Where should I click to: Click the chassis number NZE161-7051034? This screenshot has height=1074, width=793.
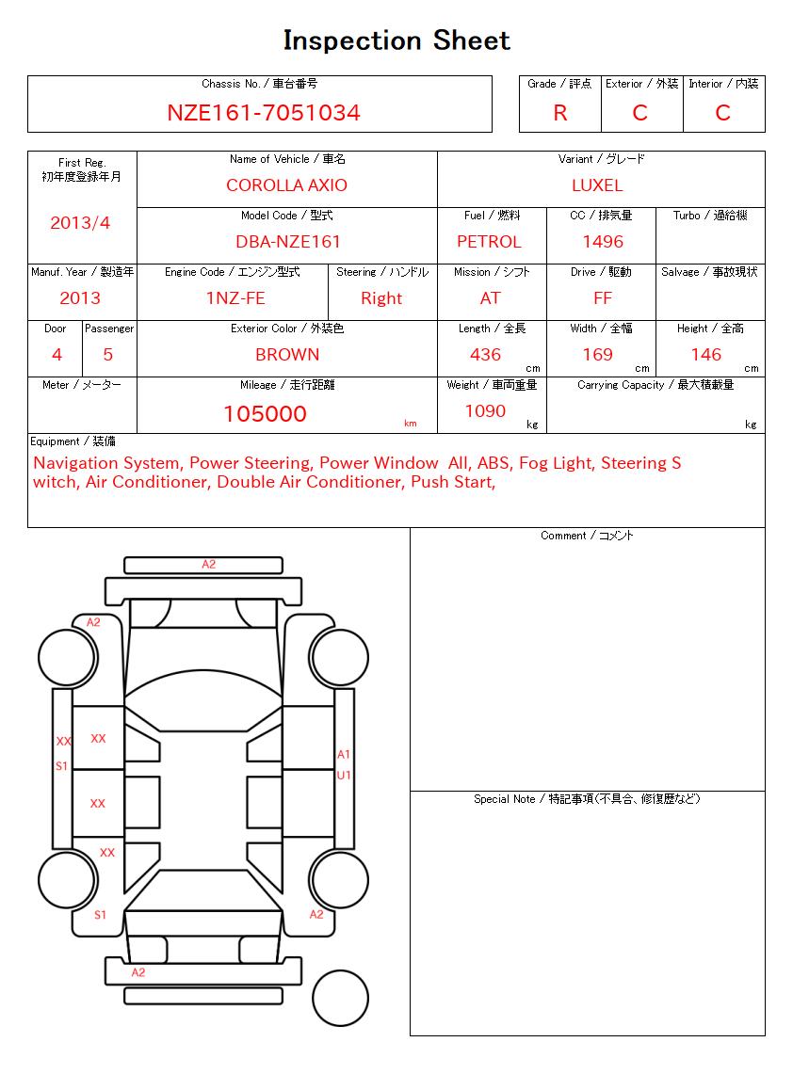coord(264,113)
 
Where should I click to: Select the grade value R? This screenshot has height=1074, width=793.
coord(560,113)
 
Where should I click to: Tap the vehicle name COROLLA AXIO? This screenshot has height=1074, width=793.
coord(286,185)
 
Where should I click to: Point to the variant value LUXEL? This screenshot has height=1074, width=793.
coord(597,185)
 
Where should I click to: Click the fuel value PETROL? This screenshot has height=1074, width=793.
coord(489,242)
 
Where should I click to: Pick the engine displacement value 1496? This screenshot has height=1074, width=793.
coord(603,242)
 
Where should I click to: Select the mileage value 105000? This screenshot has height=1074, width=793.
coord(265,414)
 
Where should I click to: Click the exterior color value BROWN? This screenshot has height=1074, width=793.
coord(287,355)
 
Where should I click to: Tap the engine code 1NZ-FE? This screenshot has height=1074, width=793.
coord(235,298)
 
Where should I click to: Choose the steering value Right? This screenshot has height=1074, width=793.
coord(381,298)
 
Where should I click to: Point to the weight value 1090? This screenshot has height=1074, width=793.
coord(485,411)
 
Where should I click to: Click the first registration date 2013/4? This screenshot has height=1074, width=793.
coord(80,223)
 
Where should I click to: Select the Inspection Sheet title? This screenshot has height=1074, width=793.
coord(396,40)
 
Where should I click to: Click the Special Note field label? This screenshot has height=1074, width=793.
coord(587,799)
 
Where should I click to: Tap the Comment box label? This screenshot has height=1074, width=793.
coord(587,536)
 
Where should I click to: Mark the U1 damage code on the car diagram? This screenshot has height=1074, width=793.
coord(344,775)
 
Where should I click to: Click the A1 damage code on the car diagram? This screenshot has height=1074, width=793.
coord(344,754)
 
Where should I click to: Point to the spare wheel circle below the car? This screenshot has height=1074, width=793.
coord(340,999)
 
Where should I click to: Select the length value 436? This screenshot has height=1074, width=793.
coord(485,355)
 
